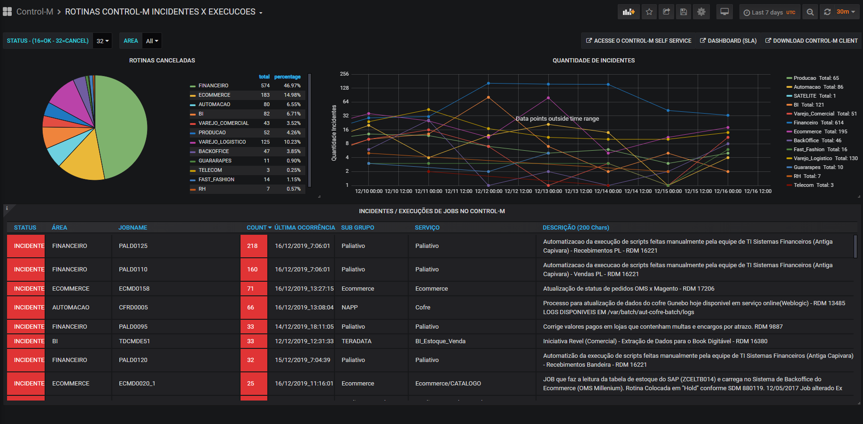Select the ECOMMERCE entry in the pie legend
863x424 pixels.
point(214,95)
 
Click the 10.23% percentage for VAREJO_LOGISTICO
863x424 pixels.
point(292,142)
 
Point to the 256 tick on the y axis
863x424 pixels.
point(344,74)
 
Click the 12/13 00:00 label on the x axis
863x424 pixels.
point(548,191)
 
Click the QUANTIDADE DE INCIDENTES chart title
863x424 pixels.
point(593,61)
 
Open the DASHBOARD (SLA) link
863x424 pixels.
point(728,41)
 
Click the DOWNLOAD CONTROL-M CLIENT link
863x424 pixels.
point(811,41)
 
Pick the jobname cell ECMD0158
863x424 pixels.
point(134,289)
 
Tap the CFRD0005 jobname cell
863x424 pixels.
point(133,308)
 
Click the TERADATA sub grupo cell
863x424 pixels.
point(357,341)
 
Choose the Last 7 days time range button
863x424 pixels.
point(769,12)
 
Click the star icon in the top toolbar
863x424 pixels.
point(649,12)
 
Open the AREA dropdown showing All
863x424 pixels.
point(152,41)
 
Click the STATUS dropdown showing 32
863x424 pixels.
point(102,41)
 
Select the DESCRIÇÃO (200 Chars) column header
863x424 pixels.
point(576,228)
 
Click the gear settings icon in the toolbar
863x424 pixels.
point(701,12)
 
